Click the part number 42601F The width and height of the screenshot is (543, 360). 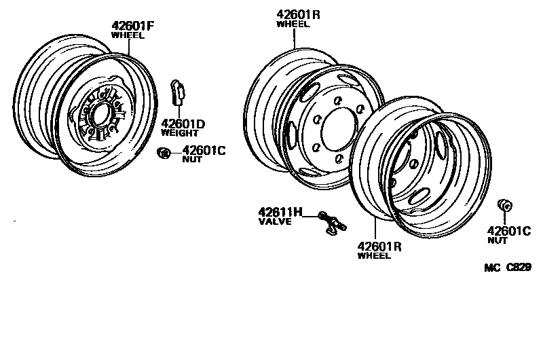(133, 26)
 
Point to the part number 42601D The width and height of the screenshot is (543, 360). (183, 124)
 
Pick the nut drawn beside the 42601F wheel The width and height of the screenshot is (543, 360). (163, 153)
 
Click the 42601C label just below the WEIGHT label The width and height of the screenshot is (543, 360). (204, 151)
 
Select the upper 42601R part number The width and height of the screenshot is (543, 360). (298, 14)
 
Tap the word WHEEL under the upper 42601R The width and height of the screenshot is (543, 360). (293, 24)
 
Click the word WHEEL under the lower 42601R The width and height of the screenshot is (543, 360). (374, 256)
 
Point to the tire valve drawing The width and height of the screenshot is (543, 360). (332, 223)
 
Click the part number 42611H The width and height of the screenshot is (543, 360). (279, 213)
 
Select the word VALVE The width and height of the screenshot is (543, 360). (274, 221)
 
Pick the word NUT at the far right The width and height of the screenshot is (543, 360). (497, 240)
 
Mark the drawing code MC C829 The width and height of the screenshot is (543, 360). (508, 268)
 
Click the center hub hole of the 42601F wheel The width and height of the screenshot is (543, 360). (98, 115)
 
